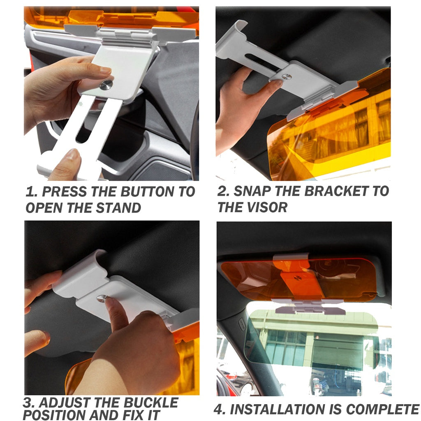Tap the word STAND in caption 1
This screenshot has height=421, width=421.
click(x=118, y=208)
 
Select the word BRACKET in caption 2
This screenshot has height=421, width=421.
click(x=336, y=191)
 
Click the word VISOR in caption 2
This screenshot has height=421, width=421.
click(x=267, y=207)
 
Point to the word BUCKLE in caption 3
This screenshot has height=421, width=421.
click(x=151, y=403)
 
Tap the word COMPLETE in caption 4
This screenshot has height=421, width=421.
click(x=383, y=409)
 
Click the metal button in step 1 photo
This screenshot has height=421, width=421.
click(x=106, y=85)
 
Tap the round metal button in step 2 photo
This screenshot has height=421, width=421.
click(x=287, y=76)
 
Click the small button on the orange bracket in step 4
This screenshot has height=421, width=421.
click(x=297, y=278)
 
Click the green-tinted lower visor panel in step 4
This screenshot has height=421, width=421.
click(x=312, y=339)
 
